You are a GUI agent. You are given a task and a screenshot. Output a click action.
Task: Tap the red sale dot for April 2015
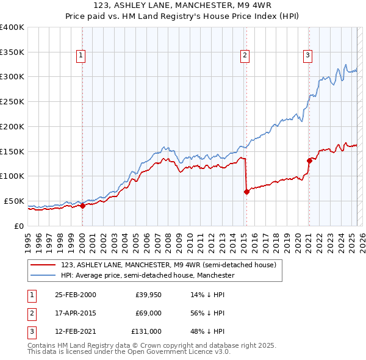tap(246, 192)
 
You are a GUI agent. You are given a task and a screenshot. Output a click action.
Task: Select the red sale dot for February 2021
tap(309, 160)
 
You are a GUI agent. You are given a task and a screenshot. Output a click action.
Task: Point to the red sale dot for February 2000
tap(82, 206)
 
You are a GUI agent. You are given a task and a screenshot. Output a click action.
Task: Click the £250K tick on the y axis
tap(12, 101)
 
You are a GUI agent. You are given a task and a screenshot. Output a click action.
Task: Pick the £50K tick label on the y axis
tap(13, 201)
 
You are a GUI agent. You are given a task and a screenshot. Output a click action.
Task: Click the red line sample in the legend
tap(42, 265)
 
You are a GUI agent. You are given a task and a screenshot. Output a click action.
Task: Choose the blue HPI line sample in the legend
tap(42, 276)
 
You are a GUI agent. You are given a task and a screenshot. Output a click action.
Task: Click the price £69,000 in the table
tap(148, 312)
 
